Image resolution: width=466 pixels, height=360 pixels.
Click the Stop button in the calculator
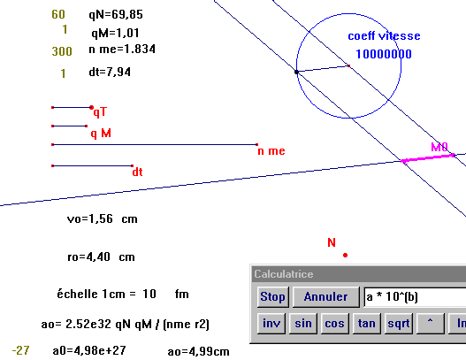coord(273,296)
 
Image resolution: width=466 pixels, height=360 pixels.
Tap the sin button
coord(303,323)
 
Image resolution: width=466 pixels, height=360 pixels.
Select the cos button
coord(334,323)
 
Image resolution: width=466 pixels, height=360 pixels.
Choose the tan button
coord(366,323)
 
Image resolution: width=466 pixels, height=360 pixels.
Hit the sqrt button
coord(399,323)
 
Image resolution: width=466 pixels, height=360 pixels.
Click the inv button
coord(271,323)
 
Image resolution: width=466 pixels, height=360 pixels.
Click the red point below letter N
coord(345,255)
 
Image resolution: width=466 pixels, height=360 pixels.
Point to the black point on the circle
coord(296,72)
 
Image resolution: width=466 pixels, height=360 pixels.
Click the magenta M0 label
coord(439,147)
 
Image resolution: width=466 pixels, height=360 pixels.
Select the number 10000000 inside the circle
coord(384,54)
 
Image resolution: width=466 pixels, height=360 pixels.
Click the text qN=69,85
coord(116,14)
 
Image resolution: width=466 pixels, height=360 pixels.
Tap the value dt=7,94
coord(110,72)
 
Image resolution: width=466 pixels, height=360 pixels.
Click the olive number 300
coord(62,51)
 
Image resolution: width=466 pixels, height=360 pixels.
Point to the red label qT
coord(100,112)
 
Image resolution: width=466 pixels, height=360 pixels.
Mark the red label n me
coord(271,151)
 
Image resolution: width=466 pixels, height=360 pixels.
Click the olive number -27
coord(21,350)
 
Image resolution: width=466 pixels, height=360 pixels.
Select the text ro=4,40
coord(88,257)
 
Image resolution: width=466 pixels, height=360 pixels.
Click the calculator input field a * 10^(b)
coord(415,297)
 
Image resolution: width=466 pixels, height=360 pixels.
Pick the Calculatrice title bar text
coord(284,274)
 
